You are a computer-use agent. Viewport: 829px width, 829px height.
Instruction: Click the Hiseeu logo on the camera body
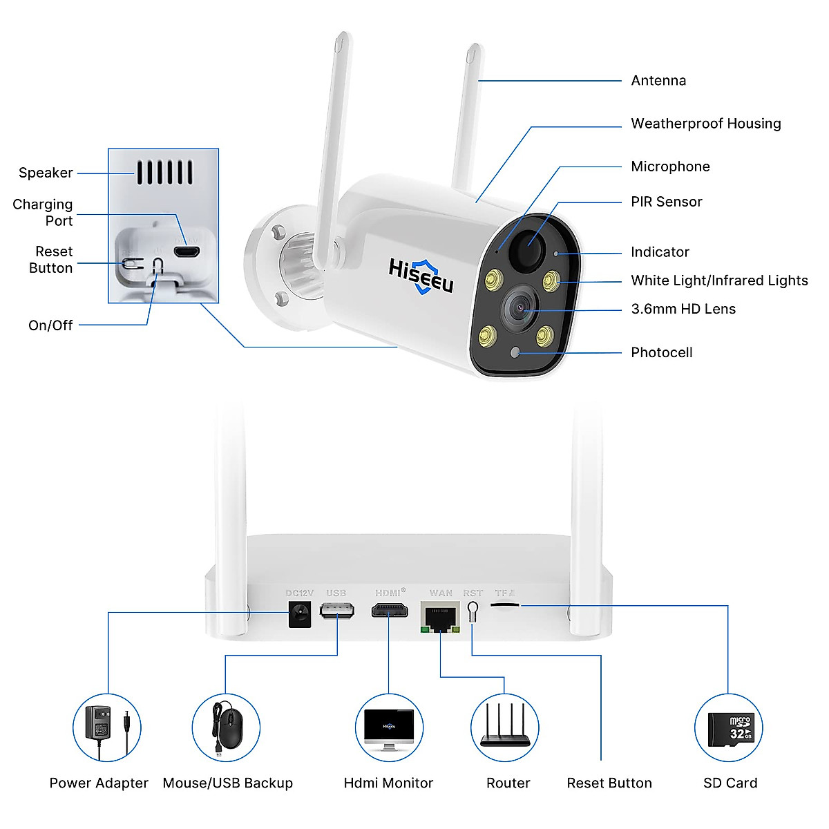click(x=421, y=276)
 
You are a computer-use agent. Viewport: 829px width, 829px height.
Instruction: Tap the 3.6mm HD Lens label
click(x=683, y=309)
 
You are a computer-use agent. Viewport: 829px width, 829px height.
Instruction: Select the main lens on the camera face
click(x=520, y=308)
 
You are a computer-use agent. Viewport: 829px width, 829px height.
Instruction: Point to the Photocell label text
click(x=662, y=353)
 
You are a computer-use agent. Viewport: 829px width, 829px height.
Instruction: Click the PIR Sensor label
click(x=667, y=202)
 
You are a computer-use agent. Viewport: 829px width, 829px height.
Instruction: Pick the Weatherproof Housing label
click(x=706, y=124)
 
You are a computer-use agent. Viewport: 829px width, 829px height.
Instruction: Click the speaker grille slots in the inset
click(x=165, y=173)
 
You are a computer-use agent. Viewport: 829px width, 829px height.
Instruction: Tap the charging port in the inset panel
click(x=187, y=251)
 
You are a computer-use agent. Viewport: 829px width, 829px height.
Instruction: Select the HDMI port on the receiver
click(x=390, y=611)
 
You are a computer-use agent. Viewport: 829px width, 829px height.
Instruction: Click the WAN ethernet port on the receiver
click(x=440, y=618)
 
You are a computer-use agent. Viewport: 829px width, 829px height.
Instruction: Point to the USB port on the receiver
click(x=337, y=611)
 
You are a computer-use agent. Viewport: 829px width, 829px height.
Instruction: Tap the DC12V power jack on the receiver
click(x=299, y=614)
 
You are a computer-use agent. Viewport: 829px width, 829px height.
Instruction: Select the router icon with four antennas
click(x=505, y=725)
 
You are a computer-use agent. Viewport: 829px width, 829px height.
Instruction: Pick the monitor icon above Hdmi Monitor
click(x=389, y=730)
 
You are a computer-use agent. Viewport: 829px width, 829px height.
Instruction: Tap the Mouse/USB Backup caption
click(x=227, y=783)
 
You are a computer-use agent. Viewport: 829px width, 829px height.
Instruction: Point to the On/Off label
click(x=50, y=325)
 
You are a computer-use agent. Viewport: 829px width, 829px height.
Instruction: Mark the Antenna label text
click(x=658, y=80)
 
